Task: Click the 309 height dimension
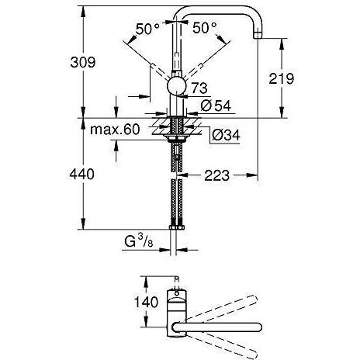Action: click(x=83, y=62)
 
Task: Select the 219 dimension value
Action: click(x=282, y=78)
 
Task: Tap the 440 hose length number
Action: click(x=81, y=175)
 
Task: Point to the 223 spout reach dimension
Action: click(x=216, y=175)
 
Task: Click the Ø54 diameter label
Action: click(x=216, y=106)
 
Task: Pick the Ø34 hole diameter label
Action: click(x=226, y=135)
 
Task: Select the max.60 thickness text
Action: click(x=115, y=130)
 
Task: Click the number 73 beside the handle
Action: click(x=199, y=88)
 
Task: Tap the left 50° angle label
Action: click(x=147, y=29)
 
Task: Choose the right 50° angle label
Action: click(x=204, y=27)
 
